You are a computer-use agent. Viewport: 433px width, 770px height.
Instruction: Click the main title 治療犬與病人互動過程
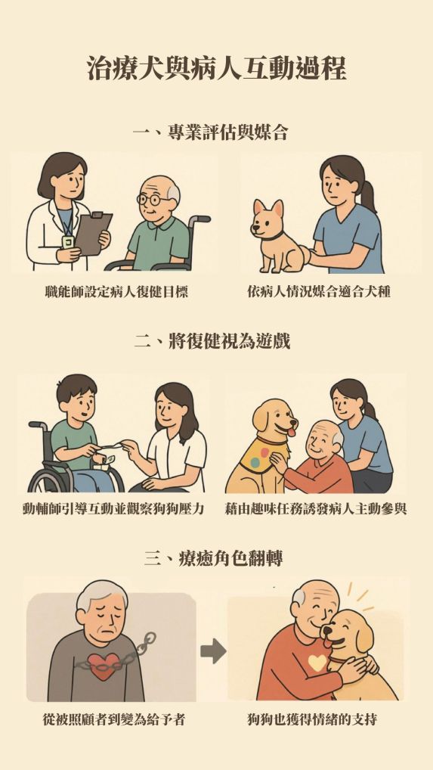217,68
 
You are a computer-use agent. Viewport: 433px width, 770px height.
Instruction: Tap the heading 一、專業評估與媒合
210,132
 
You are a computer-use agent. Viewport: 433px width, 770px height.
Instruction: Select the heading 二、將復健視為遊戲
212,340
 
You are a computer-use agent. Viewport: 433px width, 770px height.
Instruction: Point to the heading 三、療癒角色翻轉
213,558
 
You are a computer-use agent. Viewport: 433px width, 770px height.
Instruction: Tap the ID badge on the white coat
68,241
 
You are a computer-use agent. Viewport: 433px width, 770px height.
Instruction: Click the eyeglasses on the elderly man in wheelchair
150,200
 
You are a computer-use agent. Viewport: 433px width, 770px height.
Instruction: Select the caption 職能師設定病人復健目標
116,292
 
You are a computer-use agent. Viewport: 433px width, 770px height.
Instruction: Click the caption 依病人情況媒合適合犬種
319,292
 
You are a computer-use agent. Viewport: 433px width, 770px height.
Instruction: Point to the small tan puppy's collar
273,238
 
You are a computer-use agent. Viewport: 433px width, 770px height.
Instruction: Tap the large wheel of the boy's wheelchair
47,479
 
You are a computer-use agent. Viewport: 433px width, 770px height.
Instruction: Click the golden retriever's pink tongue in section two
291,432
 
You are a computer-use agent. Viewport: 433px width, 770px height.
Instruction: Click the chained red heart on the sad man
104,665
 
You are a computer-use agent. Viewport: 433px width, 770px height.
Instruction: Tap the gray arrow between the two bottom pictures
213,652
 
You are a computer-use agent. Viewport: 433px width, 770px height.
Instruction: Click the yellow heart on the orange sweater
317,663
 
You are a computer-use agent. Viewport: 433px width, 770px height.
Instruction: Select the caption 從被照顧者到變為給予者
113,720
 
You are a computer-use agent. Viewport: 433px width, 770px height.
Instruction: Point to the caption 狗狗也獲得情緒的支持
312,720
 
